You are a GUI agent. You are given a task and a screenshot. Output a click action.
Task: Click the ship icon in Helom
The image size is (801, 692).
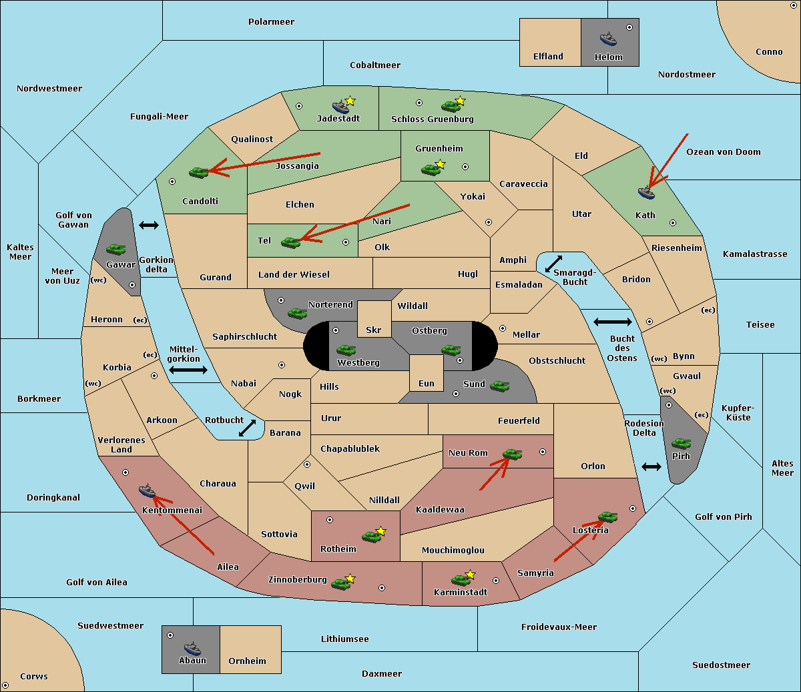coord(608,39)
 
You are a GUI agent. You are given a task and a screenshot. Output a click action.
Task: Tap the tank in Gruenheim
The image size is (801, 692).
coord(431,169)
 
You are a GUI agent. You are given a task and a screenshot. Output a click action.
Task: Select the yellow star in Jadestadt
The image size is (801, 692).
coord(350,101)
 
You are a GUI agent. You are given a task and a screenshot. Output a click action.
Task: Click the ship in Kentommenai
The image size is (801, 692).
coord(147,490)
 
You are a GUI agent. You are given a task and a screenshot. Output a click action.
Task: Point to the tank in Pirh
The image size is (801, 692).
coord(681,443)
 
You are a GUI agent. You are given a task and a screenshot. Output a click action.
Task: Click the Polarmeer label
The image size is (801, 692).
coord(271,22)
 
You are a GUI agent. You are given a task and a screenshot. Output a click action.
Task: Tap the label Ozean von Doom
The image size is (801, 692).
coord(724,152)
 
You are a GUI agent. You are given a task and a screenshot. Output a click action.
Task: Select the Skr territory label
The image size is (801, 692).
coord(374,330)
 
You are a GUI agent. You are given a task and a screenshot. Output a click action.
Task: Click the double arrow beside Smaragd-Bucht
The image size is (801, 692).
coord(553,264)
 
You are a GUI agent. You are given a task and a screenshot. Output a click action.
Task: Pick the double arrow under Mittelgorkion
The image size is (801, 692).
coord(188,370)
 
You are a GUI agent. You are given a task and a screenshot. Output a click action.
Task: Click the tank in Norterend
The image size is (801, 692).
coord(297,313)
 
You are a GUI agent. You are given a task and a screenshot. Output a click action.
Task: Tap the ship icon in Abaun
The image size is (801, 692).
coord(192,648)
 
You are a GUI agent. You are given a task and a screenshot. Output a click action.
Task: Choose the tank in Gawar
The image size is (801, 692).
coord(116,249)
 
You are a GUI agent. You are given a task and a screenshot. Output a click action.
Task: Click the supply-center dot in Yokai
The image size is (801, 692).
coord(489,222)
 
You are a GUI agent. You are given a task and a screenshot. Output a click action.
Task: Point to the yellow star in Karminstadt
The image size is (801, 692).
coord(470,574)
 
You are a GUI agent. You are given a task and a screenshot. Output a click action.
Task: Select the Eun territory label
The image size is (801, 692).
coord(427,383)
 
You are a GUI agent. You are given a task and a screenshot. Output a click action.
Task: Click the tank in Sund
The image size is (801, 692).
coord(499,386)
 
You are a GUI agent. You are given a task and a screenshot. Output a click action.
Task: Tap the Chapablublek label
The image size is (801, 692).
coord(350,448)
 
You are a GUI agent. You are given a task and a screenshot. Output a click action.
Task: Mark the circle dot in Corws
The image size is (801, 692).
coord(5,685)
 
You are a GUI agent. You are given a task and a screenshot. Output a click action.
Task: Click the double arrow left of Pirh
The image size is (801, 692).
coord(651,467)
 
